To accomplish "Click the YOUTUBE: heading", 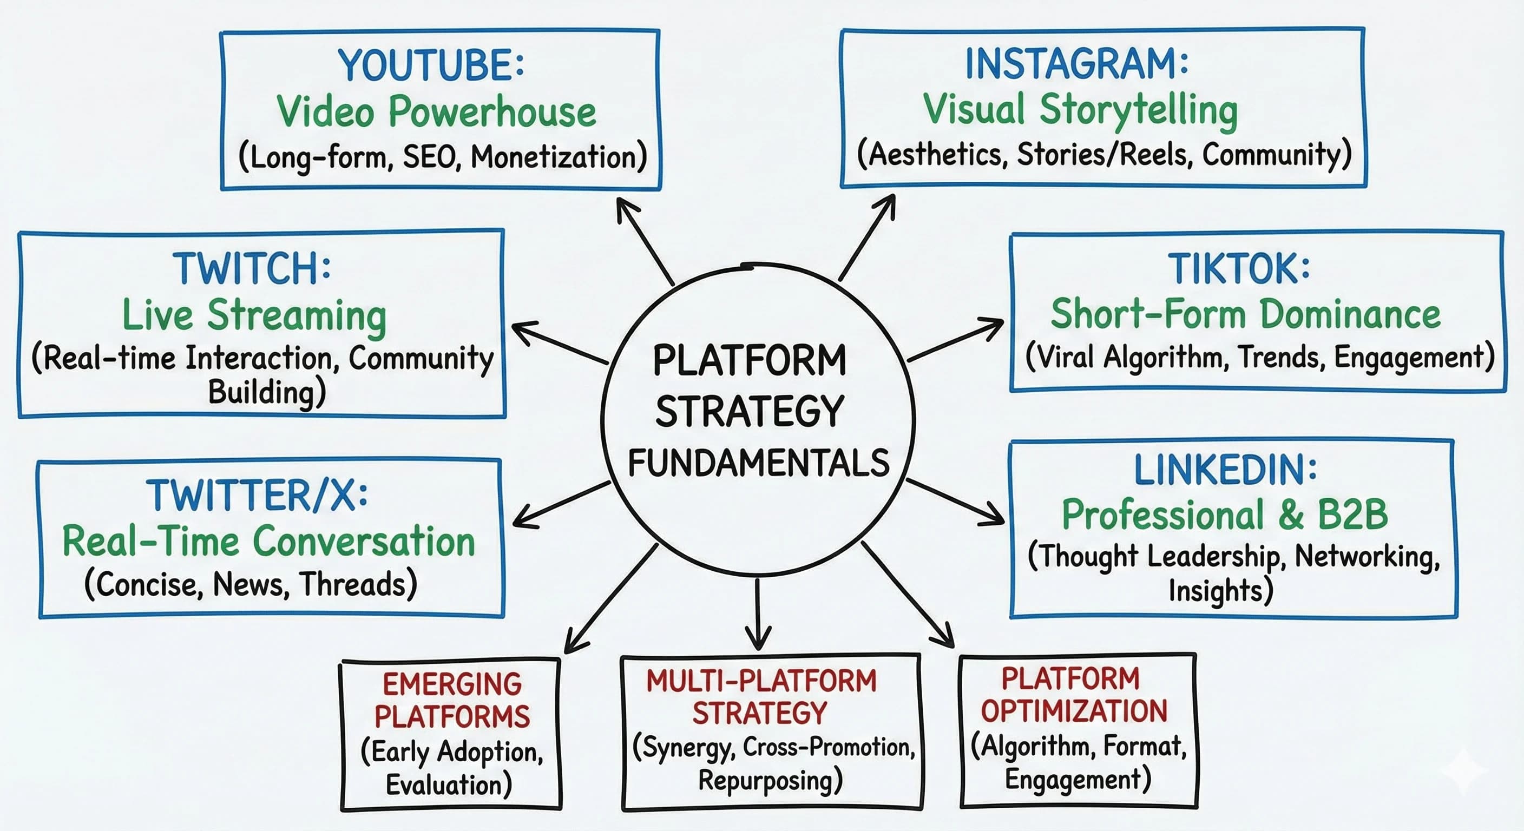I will (431, 65).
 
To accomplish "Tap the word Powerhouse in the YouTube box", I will (492, 111).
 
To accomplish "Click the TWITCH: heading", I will (252, 269).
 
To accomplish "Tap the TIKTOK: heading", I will (1239, 269).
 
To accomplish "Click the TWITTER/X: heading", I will (258, 496).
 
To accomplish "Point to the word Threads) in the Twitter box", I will (358, 584).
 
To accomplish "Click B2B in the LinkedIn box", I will (1352, 515).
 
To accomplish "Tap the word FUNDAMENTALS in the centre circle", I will (758, 463).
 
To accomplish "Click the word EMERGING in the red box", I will (452, 685).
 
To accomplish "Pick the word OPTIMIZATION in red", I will (1074, 711).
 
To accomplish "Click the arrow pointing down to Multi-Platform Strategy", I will (758, 615).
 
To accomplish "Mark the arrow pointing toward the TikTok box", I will (955, 341).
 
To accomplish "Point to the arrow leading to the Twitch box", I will (559, 342).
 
